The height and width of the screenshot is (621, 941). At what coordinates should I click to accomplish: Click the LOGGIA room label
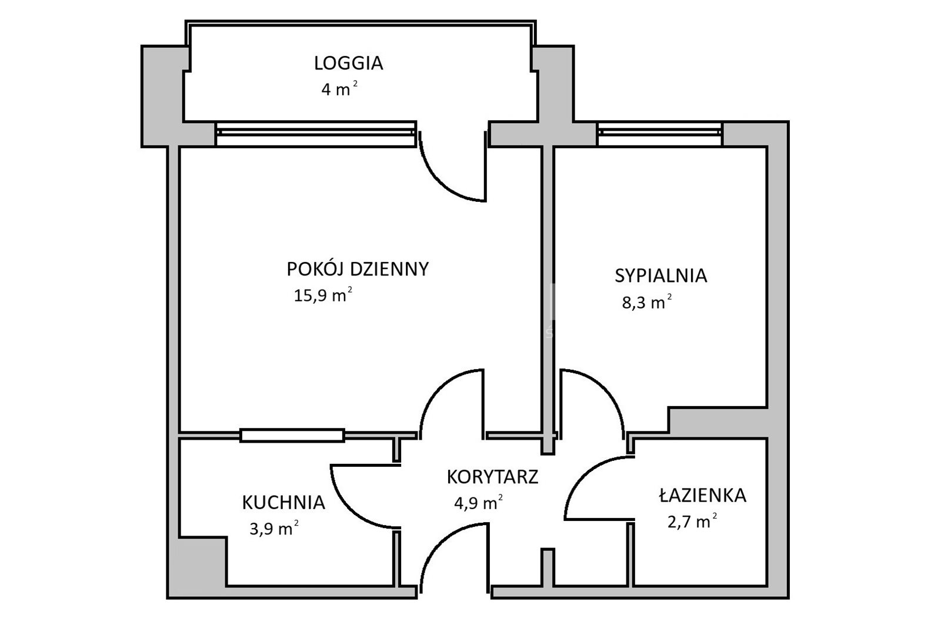[x=348, y=63]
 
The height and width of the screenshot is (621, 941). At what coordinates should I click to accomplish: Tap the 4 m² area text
[x=339, y=89]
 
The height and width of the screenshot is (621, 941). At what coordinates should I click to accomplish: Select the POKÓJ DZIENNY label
[x=358, y=268]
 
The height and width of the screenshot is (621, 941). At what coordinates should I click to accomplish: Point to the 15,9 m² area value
[x=323, y=295]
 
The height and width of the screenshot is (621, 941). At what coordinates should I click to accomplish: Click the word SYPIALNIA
[x=661, y=275]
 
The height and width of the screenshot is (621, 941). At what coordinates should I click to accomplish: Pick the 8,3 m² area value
[x=646, y=302]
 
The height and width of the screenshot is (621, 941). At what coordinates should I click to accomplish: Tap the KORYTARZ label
[x=492, y=477]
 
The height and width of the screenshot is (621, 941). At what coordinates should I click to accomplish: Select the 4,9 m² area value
[x=479, y=503]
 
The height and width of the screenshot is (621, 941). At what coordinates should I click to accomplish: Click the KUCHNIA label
[x=283, y=503]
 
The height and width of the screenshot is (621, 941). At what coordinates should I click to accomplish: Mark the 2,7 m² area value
[x=692, y=522]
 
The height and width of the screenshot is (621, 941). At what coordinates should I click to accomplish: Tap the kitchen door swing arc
[x=350, y=509]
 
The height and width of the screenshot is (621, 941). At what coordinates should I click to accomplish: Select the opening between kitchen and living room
[x=292, y=436]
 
